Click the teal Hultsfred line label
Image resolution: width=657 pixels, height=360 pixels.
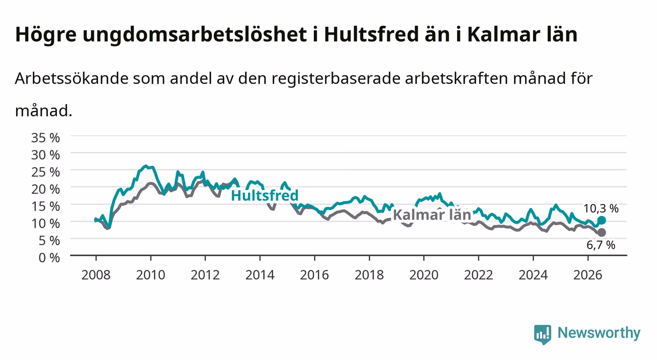(x=265, y=195)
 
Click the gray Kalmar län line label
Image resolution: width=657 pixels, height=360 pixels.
(x=432, y=215)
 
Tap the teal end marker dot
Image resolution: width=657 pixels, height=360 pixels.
(x=602, y=220)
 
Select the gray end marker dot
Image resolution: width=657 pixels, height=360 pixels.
(x=602, y=232)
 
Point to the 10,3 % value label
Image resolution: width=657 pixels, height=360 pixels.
(x=601, y=208)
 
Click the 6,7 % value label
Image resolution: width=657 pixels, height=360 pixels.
(x=601, y=245)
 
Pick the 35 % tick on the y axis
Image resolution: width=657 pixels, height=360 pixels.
(x=46, y=138)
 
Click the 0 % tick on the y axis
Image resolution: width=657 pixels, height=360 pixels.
(x=49, y=257)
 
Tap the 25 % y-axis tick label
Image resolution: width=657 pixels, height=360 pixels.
(x=46, y=172)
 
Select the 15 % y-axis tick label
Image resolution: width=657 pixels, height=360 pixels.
(x=46, y=206)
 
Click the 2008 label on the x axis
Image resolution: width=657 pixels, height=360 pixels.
(x=96, y=275)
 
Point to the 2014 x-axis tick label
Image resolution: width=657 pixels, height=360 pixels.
(x=260, y=275)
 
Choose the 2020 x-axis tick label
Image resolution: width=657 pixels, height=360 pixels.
(x=424, y=275)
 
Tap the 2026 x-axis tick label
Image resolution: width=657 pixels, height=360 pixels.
(x=588, y=275)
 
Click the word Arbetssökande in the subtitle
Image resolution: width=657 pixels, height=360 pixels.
(x=72, y=78)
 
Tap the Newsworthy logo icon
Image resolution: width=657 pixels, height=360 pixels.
(x=543, y=334)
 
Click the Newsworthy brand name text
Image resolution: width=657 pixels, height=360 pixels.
(x=599, y=333)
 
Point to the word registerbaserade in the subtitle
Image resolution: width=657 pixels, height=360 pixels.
(x=336, y=78)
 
